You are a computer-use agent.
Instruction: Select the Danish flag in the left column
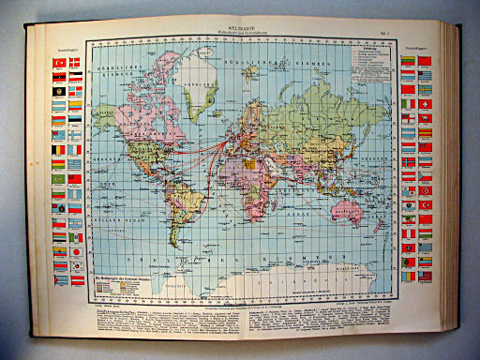(74, 62)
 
